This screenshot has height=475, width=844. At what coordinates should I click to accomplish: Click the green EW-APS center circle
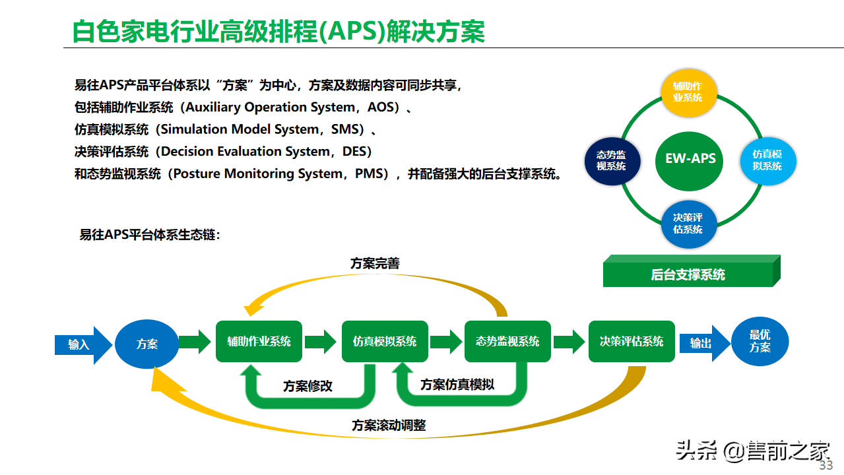click(x=689, y=161)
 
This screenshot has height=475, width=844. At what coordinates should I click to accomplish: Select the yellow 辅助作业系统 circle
click(x=689, y=92)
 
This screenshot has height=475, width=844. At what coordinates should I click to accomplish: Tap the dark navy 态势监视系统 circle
click(x=612, y=161)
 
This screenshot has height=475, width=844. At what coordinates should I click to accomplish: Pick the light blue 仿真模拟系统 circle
click(x=768, y=161)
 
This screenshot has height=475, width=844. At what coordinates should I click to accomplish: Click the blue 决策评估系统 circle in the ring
click(x=689, y=224)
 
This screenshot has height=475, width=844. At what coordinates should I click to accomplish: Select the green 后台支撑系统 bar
click(x=692, y=271)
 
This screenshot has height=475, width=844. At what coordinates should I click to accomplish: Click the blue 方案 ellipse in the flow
click(x=146, y=344)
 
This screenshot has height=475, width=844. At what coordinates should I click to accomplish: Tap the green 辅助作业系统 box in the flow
click(x=259, y=341)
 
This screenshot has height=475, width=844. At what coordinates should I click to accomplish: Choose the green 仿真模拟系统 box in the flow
click(x=385, y=341)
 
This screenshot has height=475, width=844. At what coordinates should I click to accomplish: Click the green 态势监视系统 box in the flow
click(x=507, y=341)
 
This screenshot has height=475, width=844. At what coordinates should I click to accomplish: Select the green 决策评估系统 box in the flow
click(x=632, y=341)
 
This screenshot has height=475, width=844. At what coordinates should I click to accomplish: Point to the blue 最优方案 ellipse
click(x=760, y=341)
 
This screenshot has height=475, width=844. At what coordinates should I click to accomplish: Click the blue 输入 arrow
click(x=83, y=345)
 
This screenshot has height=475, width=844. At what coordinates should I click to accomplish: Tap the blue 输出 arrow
click(x=705, y=343)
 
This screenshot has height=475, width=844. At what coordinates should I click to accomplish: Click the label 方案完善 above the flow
click(x=375, y=263)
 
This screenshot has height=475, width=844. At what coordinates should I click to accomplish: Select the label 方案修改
click(x=308, y=386)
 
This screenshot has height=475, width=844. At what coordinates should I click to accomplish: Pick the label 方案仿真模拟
click(x=457, y=385)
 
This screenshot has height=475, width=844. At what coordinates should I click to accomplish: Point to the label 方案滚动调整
click(x=389, y=426)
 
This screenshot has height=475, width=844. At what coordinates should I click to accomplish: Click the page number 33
click(x=826, y=465)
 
